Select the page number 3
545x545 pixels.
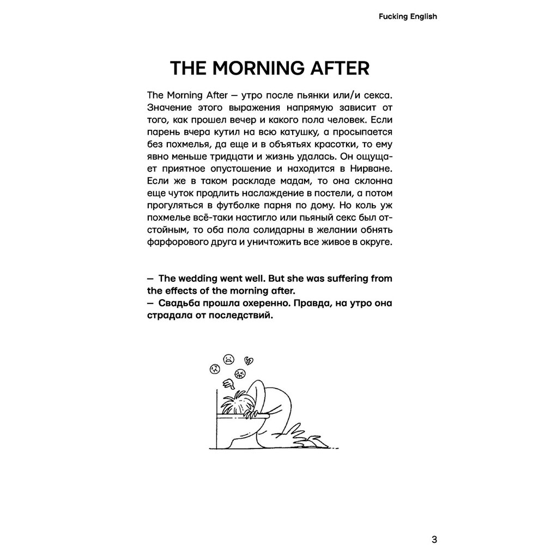tap(434, 525)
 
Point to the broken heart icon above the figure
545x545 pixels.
tap(249, 360)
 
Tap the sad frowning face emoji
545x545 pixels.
tap(229, 359)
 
